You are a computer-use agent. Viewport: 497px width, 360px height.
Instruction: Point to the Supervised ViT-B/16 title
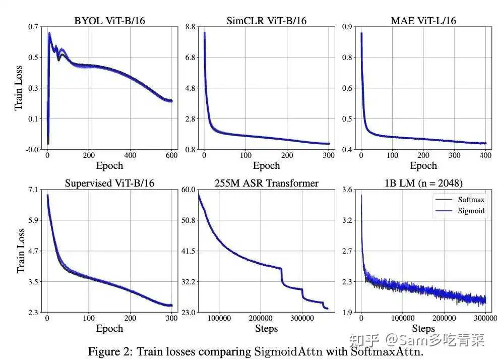109,183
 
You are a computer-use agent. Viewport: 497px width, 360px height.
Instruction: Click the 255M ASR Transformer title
267,183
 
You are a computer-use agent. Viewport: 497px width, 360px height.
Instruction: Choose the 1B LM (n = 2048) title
423,183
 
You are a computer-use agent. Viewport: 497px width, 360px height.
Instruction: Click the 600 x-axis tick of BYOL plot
171,156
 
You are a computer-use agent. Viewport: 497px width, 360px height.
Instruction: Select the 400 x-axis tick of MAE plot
485,156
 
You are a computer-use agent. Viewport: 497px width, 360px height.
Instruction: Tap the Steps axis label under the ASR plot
267,329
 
